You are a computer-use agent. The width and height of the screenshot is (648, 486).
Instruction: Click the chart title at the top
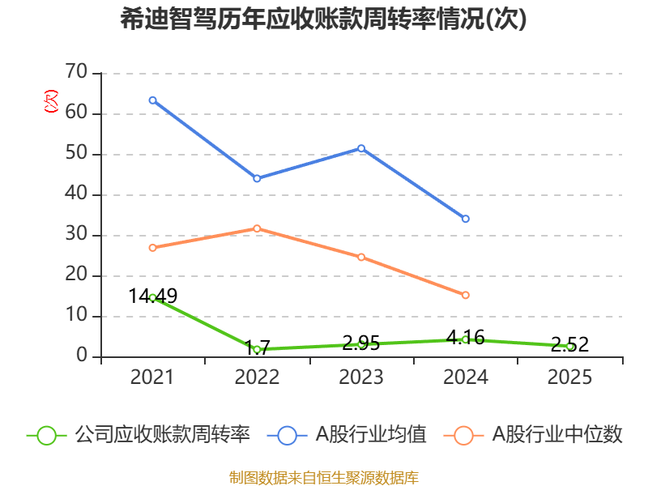(324, 19)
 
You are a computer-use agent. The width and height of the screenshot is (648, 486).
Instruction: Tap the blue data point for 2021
(152, 100)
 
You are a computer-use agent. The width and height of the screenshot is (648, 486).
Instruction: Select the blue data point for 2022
(257, 178)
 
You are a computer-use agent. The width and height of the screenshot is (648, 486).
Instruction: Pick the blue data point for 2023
(361, 148)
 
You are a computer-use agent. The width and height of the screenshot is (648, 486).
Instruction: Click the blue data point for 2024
(466, 219)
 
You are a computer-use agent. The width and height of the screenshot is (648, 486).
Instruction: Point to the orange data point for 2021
(152, 248)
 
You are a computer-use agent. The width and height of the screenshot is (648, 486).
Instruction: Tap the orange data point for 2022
(257, 228)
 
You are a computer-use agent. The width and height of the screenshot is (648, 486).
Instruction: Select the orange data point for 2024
(466, 295)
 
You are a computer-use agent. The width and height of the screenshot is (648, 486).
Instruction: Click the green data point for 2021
(152, 297)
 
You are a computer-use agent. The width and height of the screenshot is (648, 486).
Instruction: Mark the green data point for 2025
(570, 346)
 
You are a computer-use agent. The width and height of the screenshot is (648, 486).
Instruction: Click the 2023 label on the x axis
(361, 377)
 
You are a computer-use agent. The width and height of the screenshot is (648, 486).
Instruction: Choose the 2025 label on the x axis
(570, 377)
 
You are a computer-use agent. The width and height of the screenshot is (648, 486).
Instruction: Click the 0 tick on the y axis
(82, 356)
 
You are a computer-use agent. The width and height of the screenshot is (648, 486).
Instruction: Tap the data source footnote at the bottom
(324, 477)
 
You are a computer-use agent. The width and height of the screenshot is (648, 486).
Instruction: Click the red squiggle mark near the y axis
(51, 102)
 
